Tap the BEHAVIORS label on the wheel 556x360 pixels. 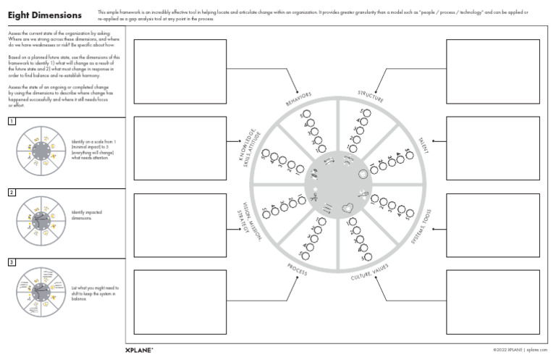298,100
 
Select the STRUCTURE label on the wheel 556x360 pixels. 371,96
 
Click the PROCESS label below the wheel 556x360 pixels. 298,269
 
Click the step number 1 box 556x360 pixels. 12,121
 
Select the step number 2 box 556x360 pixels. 12,192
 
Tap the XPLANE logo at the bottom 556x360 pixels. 139,350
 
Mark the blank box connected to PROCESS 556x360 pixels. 180,301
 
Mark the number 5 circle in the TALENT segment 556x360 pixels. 409,154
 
